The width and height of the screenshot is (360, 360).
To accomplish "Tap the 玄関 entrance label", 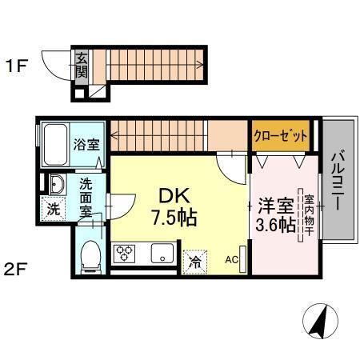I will point(81,63).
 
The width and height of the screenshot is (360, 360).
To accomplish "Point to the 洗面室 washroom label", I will point(85,196).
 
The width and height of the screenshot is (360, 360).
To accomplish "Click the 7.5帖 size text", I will point(173,217).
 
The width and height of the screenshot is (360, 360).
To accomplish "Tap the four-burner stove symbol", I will point(126,255).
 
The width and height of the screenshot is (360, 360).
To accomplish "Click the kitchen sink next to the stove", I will point(160,255).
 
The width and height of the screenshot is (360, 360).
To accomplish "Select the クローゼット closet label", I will point(281,136).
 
